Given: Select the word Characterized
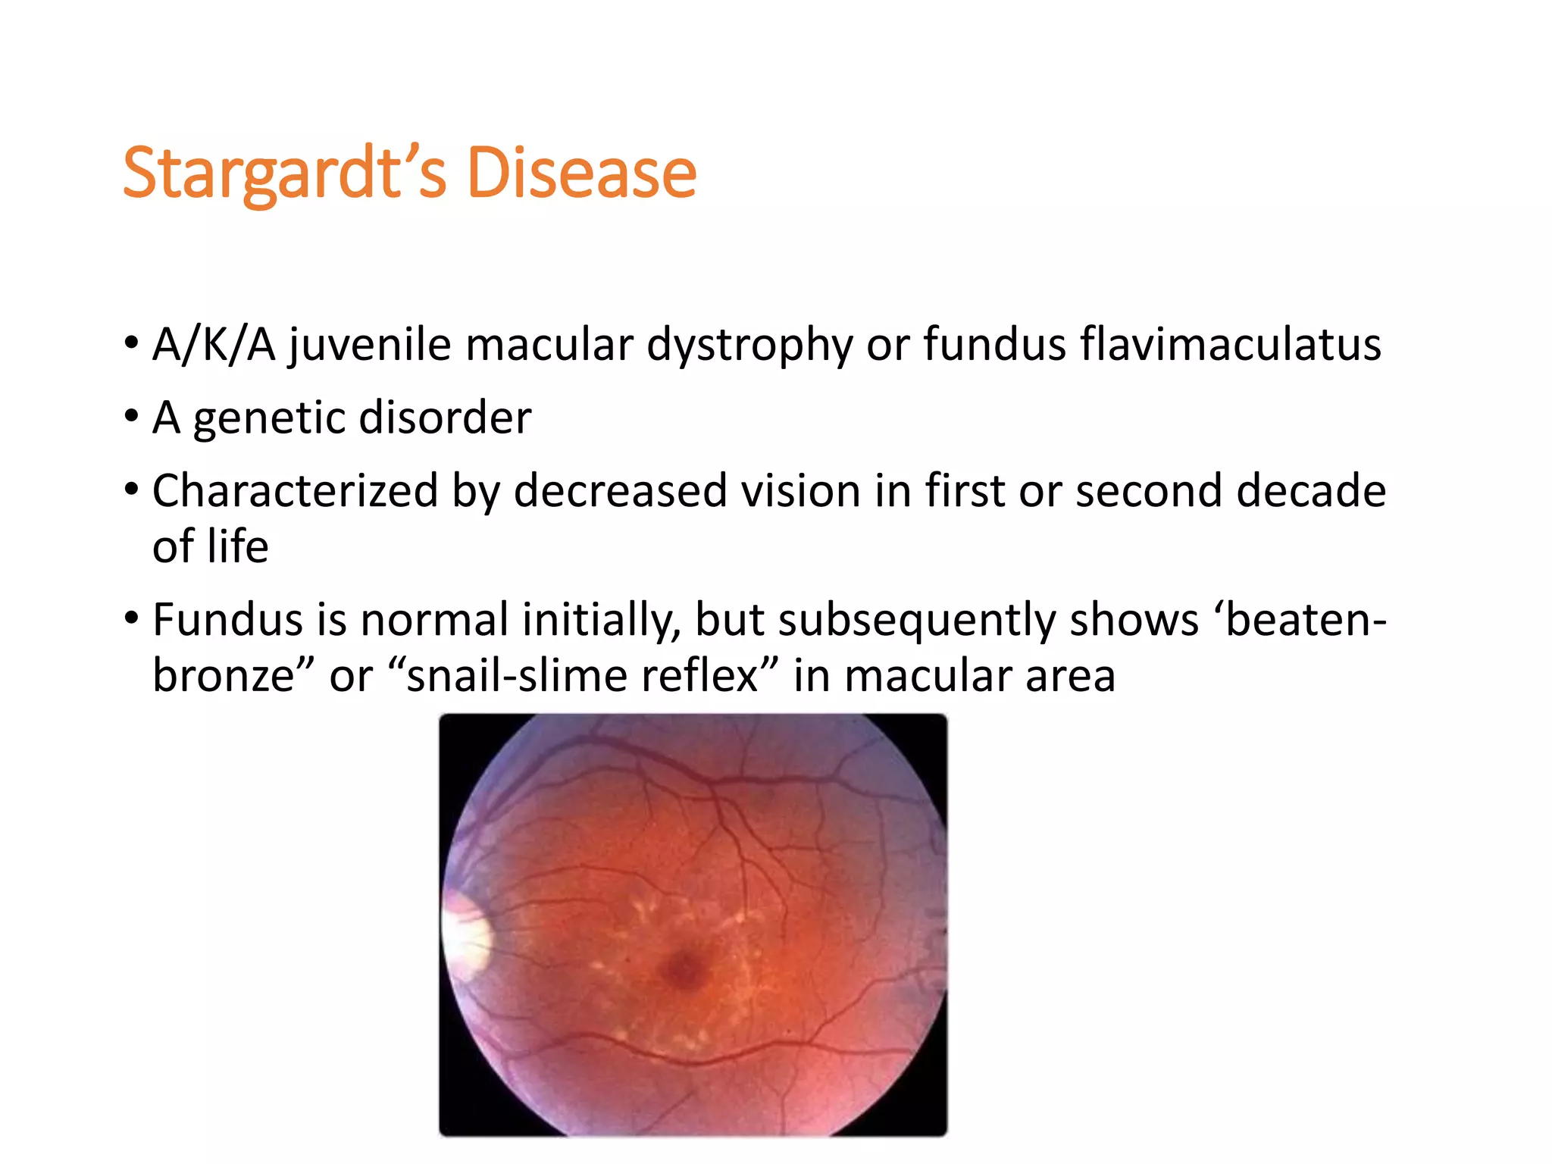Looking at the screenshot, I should [295, 490].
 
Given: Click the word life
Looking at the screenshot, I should [238, 546].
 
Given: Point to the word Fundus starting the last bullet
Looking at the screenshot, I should [227, 619].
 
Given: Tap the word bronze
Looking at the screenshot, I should [223, 675].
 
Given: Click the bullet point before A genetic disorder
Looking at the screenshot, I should [132, 416].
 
